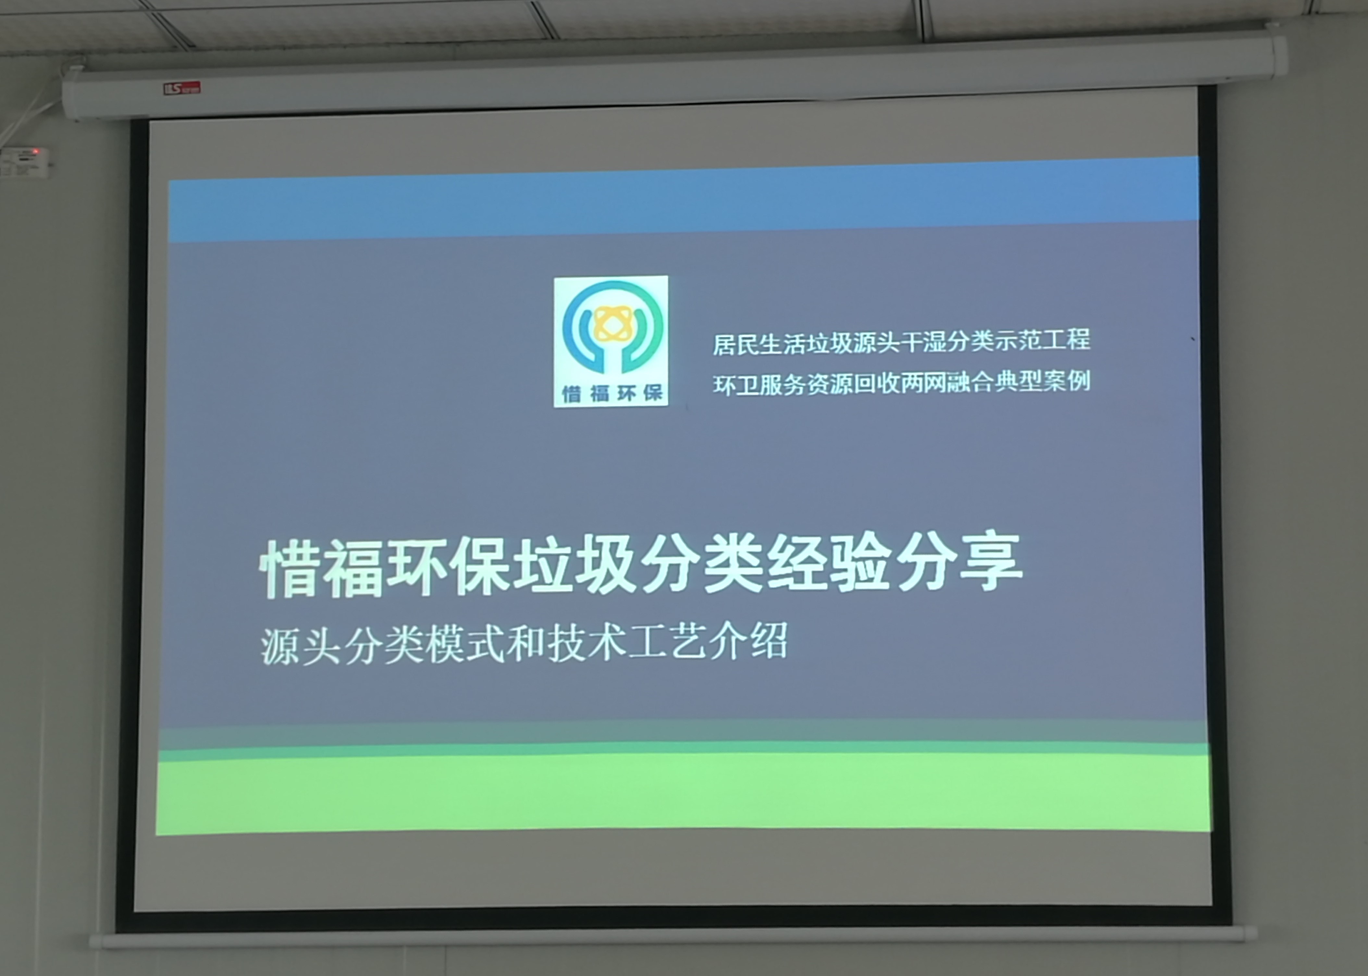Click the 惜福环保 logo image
click(610, 341)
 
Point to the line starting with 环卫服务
click(901, 383)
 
